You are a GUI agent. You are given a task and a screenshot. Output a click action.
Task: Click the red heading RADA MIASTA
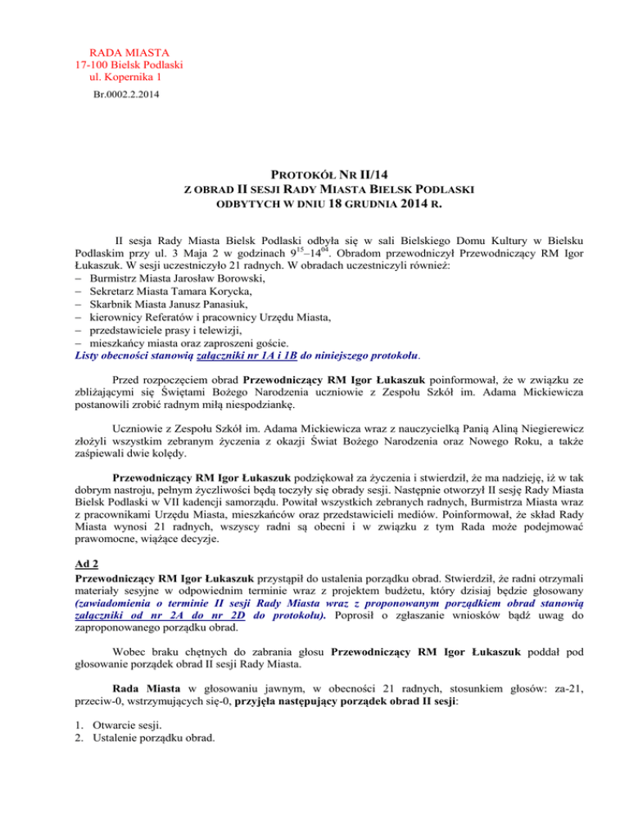coord(128,50)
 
